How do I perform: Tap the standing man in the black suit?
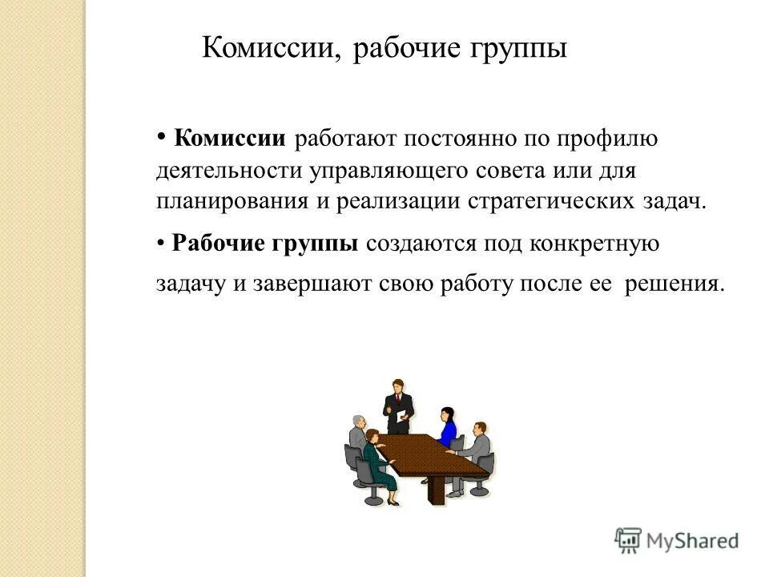[x=396, y=405]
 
